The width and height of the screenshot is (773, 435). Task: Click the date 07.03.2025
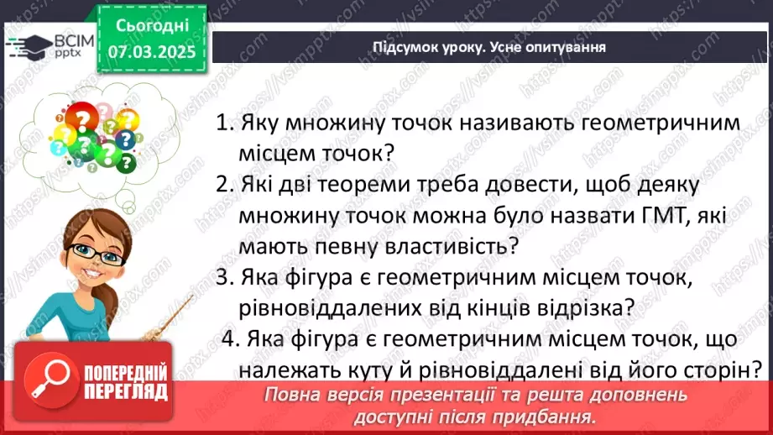pyautogui.click(x=152, y=52)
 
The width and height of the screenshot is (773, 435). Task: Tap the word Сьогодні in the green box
pyautogui.click(x=152, y=25)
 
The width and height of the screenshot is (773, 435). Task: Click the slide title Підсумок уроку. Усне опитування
pyautogui.click(x=489, y=47)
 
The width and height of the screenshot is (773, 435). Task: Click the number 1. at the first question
pyautogui.click(x=225, y=123)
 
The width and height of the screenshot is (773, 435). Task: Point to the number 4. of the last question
pyautogui.click(x=231, y=338)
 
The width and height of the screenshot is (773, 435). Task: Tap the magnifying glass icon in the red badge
pyautogui.click(x=50, y=380)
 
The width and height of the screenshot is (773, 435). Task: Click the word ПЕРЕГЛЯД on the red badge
pyautogui.click(x=126, y=392)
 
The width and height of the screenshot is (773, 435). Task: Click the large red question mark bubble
pyautogui.click(x=81, y=117)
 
